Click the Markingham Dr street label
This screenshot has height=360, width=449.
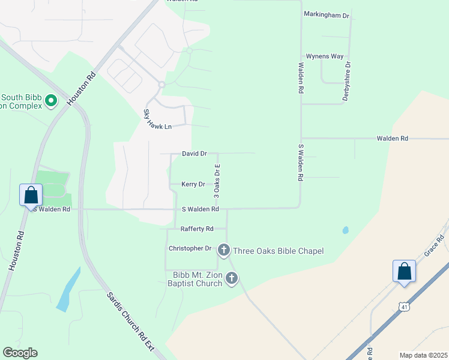tap(327, 14)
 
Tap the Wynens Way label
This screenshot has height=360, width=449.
tap(325, 56)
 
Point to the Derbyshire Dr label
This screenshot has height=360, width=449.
tap(348, 82)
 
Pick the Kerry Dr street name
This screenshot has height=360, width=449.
tap(193, 184)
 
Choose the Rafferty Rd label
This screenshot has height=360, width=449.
tap(197, 229)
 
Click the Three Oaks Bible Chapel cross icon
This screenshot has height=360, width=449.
tap(224, 250)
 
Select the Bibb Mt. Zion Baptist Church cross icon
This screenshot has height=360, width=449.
tap(231, 278)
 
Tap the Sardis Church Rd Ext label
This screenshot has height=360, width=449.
tap(130, 323)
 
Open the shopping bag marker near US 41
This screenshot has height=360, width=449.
tap(405, 271)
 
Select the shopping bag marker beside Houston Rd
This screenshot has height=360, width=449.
tap(31, 195)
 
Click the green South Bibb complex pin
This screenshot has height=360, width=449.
tap(51, 101)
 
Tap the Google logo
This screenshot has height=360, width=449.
tap(20, 353)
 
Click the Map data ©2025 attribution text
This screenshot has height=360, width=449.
tap(423, 355)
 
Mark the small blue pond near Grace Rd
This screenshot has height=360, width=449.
tap(345, 230)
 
